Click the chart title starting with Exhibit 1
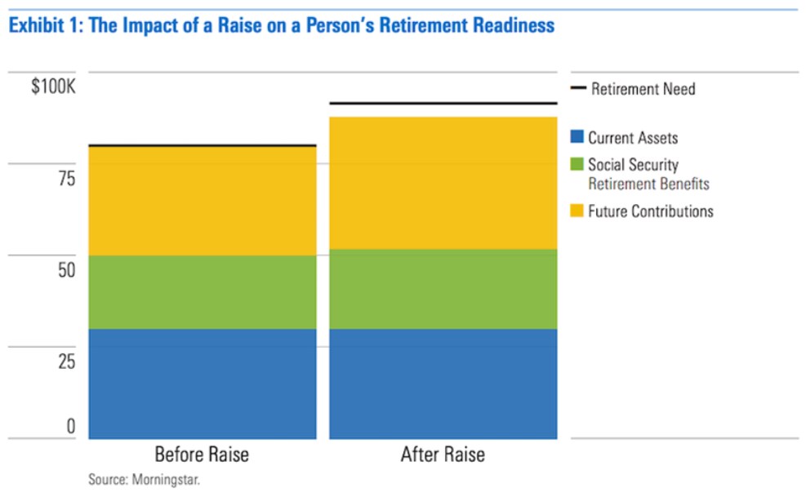[282, 25]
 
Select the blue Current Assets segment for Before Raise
[203, 384]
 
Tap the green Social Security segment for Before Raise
[203, 292]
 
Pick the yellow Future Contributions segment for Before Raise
[203, 202]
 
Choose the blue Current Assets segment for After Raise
[443, 384]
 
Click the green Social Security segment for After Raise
[443, 290]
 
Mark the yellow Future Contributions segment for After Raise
[443, 184]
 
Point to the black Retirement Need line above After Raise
[443, 104]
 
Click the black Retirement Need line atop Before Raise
[203, 146]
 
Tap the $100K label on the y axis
[53, 87]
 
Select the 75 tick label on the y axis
[67, 179]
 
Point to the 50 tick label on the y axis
[67, 270]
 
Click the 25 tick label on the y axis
[67, 362]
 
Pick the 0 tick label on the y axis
[71, 426]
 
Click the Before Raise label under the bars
[202, 455]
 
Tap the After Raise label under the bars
[443, 455]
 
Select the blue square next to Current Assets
[577, 136]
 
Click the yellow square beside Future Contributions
[577, 211]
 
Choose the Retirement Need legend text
[643, 89]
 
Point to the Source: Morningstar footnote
[144, 480]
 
